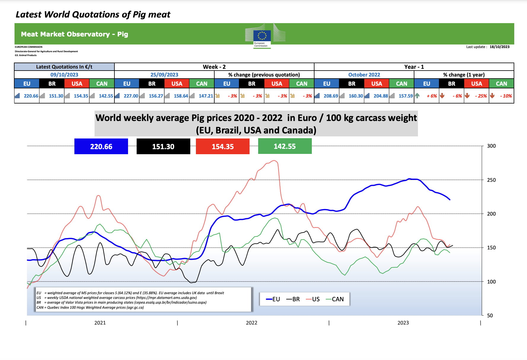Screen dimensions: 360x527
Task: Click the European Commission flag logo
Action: pos(262,36)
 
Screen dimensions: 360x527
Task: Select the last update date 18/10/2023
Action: pos(499,47)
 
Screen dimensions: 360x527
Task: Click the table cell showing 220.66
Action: pos(31,96)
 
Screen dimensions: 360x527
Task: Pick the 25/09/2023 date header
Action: pos(164,75)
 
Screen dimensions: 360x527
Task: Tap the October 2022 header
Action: pos(364,75)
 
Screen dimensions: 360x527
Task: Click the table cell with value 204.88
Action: pos(381,96)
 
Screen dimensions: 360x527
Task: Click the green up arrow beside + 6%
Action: pos(417,95)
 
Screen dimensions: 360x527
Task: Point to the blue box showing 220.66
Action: pos(101,146)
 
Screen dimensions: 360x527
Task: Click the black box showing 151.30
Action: pos(163,146)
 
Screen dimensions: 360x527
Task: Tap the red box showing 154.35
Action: pos(223,146)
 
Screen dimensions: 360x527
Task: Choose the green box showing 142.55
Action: pos(285,146)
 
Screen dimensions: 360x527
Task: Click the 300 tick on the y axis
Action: pos(491,146)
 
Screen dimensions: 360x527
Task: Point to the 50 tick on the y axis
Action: pos(490,316)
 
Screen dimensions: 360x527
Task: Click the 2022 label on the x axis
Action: pos(251,323)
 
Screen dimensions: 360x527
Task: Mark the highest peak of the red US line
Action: pos(274,161)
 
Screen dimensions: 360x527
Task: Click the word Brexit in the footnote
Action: pos(219,293)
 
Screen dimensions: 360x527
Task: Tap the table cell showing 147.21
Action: pos(206,96)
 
